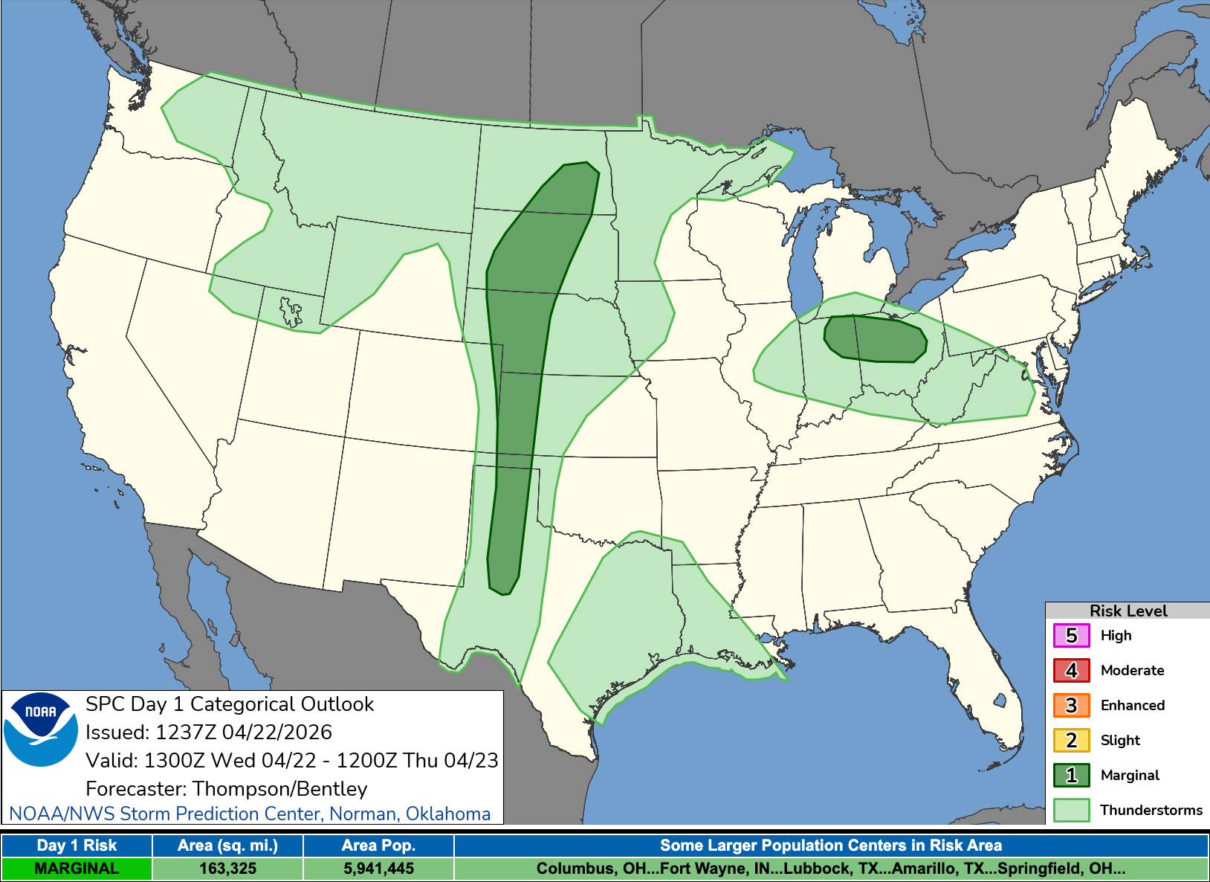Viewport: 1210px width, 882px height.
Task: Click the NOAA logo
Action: click(41, 730)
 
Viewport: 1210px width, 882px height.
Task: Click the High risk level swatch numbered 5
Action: click(1071, 636)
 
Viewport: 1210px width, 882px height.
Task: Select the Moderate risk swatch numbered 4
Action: click(1071, 671)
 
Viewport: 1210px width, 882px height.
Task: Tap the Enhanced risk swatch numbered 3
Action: click(1071, 705)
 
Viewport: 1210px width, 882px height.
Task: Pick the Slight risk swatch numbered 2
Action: click(1071, 740)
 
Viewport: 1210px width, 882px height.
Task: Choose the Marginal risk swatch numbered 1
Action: click(1071, 775)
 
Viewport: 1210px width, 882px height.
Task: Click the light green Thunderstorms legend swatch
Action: click(1071, 810)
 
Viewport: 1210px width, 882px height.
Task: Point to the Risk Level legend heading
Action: click(1127, 611)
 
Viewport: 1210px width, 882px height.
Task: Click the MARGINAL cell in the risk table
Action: click(77, 869)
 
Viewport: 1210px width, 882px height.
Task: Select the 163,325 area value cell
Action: click(227, 869)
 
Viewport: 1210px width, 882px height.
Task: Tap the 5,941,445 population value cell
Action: click(378, 869)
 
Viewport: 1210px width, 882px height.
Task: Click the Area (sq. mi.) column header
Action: click(227, 846)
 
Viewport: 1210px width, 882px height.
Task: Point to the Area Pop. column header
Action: click(378, 846)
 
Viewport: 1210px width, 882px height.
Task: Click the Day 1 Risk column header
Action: click(77, 846)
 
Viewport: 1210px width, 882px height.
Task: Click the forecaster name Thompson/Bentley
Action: click(279, 788)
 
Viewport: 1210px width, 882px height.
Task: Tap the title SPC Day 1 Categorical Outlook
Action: click(230, 704)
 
